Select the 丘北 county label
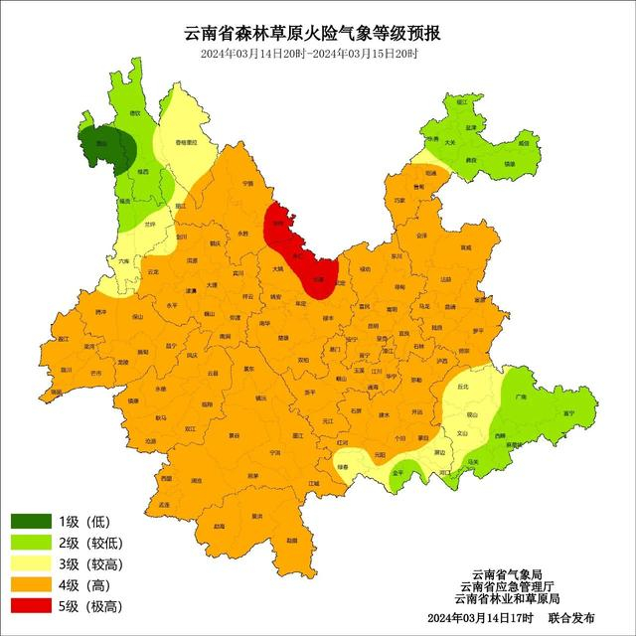click(462, 387)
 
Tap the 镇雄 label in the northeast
click(510, 163)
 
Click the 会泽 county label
click(421, 236)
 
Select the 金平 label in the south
click(397, 474)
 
